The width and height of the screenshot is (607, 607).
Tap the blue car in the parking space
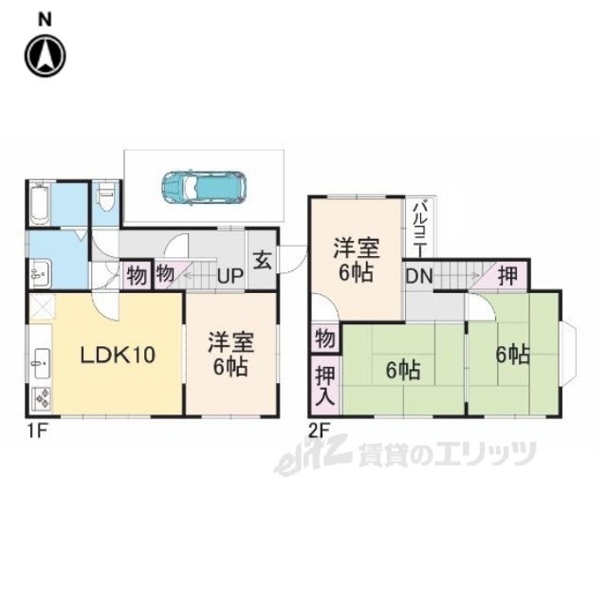coord(204,188)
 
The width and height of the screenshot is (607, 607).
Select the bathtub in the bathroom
coord(40,204)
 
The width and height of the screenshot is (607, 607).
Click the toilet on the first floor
coord(105,197)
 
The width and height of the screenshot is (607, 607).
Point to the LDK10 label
coord(118,355)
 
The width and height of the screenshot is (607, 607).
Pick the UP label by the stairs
coord(230,276)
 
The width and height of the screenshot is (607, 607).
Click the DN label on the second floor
coord(419,276)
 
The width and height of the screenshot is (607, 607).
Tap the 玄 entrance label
coord(262,260)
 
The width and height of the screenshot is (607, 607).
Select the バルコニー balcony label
coord(419,228)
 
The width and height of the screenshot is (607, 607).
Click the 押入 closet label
coord(325,386)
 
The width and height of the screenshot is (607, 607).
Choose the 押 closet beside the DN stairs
coord(507,276)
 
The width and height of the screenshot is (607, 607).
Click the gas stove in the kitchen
coord(42,398)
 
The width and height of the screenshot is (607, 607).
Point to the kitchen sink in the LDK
coord(41,363)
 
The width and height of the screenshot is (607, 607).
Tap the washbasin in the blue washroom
coord(40,273)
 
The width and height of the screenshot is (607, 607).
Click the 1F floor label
coord(37,431)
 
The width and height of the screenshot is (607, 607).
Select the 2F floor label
coord(319,431)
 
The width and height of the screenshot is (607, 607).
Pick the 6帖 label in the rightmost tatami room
coord(513,354)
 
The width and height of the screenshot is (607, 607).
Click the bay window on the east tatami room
coord(569,355)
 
